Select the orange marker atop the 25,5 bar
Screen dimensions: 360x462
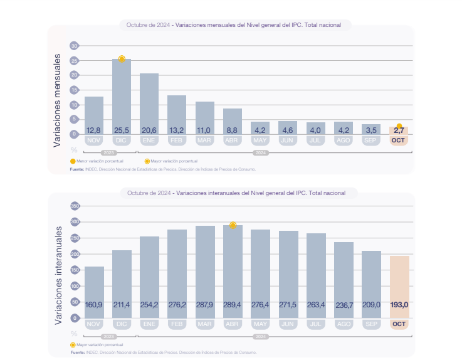click(x=122, y=59)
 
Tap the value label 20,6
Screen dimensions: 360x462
click(x=149, y=130)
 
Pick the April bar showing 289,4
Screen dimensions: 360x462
click(x=233, y=270)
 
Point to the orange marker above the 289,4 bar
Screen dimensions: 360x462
click(x=233, y=225)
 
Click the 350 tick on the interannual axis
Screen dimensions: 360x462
click(x=75, y=206)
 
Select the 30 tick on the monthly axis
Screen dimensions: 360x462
click(x=75, y=46)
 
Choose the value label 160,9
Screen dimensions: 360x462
click(x=94, y=305)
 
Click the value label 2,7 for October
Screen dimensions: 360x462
click(x=399, y=130)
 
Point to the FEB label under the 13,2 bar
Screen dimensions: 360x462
click(x=177, y=140)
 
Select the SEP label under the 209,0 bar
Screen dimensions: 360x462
click(x=371, y=324)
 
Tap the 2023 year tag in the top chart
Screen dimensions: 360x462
click(x=108, y=152)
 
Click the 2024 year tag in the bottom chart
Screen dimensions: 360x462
click(x=261, y=337)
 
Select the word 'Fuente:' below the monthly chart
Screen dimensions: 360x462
click(x=76, y=169)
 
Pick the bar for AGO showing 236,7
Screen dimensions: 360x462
click(x=344, y=279)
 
